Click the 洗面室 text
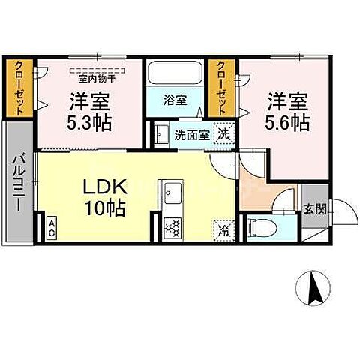click(x=190, y=136)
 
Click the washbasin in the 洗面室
click(x=160, y=136)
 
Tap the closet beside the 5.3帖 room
click(x=19, y=88)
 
